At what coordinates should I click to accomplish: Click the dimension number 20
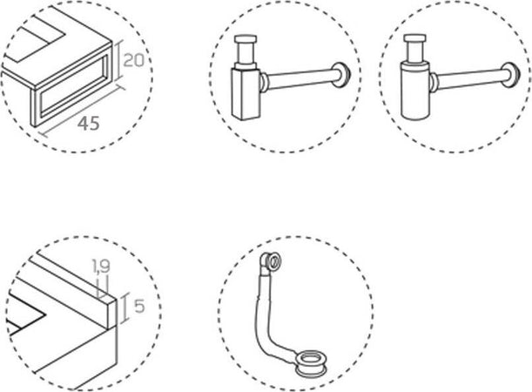pyautogui.click(x=133, y=60)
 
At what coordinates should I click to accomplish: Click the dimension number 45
pyautogui.click(x=89, y=123)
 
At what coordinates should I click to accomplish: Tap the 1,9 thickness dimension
pyautogui.click(x=101, y=266)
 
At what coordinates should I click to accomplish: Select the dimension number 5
pyautogui.click(x=139, y=306)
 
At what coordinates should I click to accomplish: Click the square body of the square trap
pyautogui.click(x=246, y=94)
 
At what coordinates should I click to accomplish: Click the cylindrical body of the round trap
pyautogui.click(x=416, y=91)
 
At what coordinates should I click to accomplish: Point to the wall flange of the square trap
pyautogui.click(x=341, y=75)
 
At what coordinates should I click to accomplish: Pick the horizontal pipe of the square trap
pyautogui.click(x=300, y=78)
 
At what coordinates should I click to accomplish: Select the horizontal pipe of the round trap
pyautogui.click(x=469, y=78)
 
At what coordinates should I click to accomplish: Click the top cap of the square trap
pyautogui.click(x=246, y=38)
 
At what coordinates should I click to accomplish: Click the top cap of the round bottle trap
pyautogui.click(x=415, y=38)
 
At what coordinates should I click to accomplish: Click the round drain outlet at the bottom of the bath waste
pyautogui.click(x=312, y=364)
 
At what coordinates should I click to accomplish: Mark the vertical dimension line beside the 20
pyautogui.click(x=118, y=61)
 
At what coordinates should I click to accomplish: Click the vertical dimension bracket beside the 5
pyautogui.click(x=125, y=308)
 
